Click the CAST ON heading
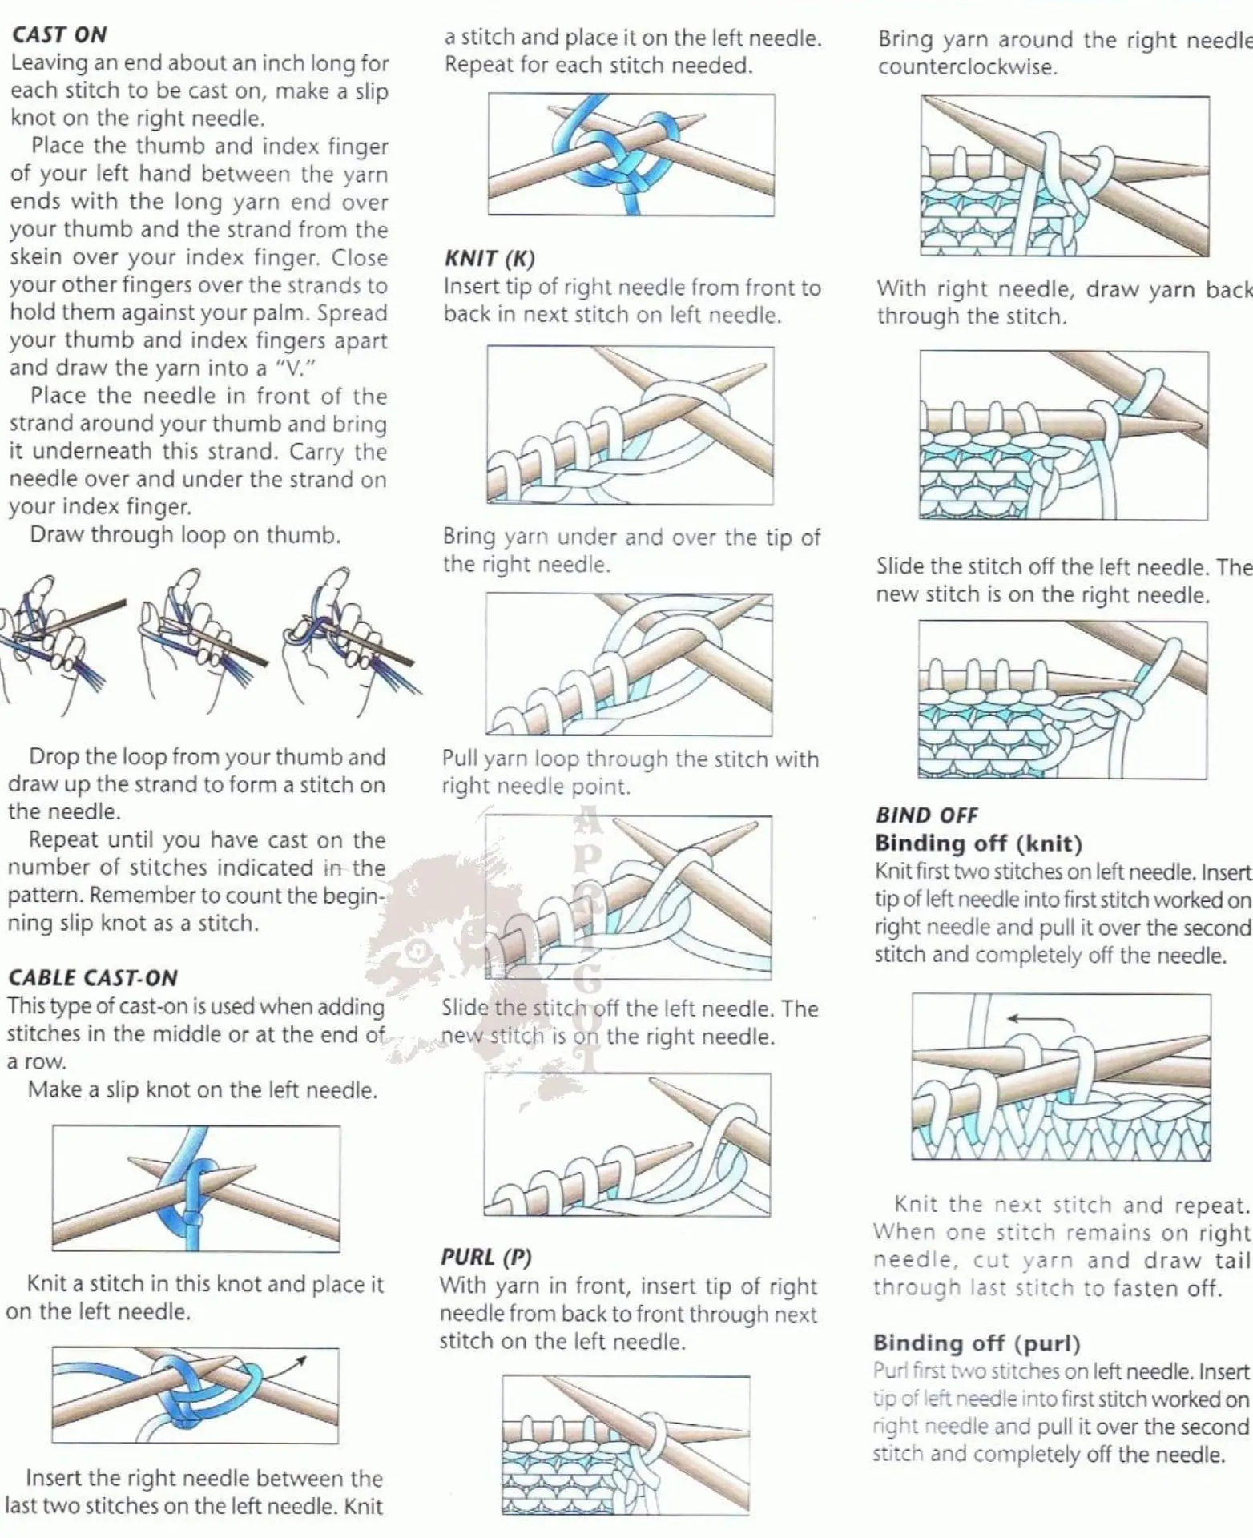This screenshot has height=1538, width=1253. click(x=59, y=34)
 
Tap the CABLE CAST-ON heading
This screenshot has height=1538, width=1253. click(x=93, y=978)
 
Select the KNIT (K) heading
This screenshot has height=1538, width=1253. click(x=490, y=259)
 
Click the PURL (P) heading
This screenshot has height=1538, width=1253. click(x=486, y=1257)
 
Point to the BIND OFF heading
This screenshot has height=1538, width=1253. click(x=927, y=815)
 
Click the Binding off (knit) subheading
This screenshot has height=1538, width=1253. click(x=978, y=843)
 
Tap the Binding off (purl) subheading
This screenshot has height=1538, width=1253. click(x=977, y=1343)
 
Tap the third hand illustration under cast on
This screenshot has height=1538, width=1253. click(x=349, y=637)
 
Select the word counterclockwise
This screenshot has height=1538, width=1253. click(x=967, y=67)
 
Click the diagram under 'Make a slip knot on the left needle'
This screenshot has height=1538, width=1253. click(x=196, y=1189)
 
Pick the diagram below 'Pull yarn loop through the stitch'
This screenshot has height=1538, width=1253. click(x=629, y=897)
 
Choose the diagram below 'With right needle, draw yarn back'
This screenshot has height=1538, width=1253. click(x=1064, y=435)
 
